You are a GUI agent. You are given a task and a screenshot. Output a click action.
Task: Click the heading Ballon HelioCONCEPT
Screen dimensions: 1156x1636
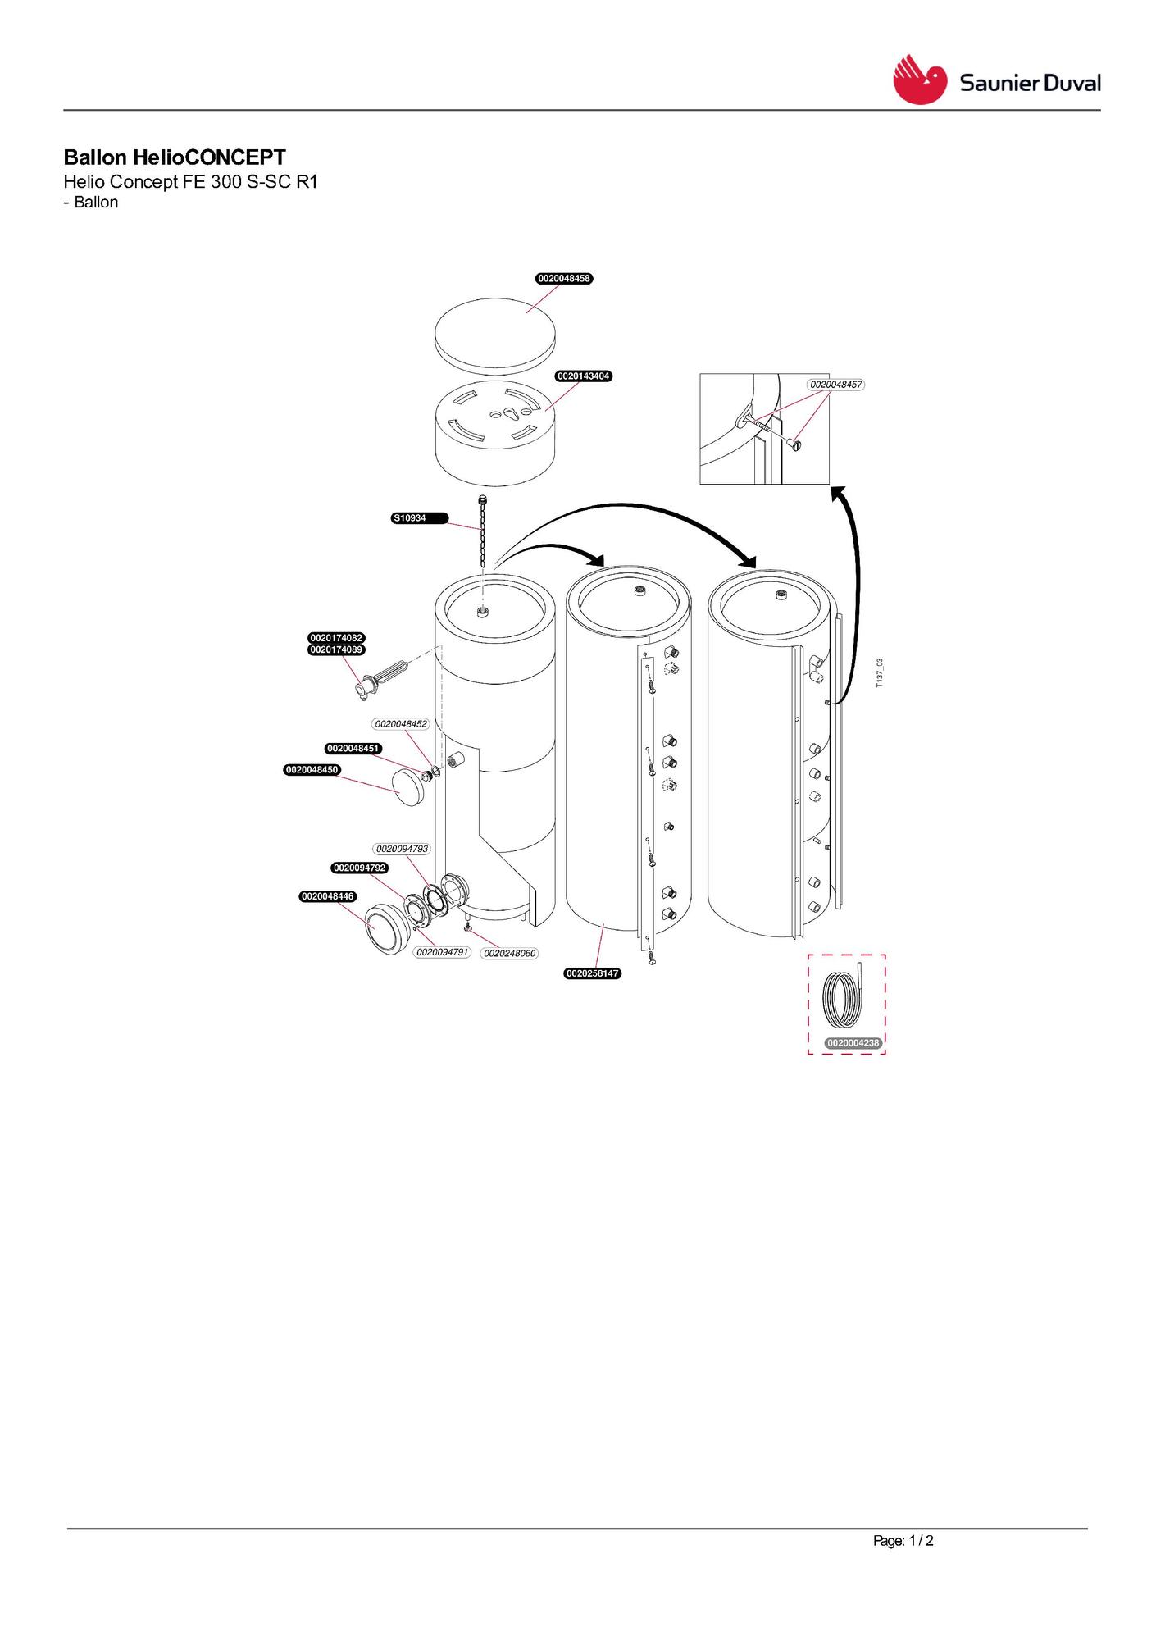pyautogui.click(x=175, y=157)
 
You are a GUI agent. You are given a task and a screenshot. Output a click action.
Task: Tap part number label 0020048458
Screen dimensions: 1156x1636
pyautogui.click(x=564, y=279)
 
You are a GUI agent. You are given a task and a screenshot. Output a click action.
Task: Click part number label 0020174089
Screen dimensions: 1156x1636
pyautogui.click(x=336, y=649)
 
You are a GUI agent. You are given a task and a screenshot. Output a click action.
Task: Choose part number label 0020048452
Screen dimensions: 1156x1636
pyautogui.click(x=402, y=724)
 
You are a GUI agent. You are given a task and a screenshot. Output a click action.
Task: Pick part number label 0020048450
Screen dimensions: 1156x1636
pyautogui.click(x=312, y=770)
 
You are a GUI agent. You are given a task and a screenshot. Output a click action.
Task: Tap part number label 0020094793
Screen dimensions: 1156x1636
pyautogui.click(x=402, y=849)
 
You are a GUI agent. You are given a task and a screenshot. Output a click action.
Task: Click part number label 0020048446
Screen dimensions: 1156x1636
pyautogui.click(x=328, y=896)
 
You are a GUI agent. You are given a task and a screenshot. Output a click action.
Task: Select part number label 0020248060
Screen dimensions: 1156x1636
pyautogui.click(x=510, y=954)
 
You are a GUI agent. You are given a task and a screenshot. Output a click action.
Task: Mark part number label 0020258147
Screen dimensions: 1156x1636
pyautogui.click(x=593, y=973)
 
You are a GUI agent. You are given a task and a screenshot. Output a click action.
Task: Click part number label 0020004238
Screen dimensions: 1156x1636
pyautogui.click(x=853, y=1043)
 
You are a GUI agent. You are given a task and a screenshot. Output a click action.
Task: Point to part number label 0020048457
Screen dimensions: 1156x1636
pyautogui.click(x=836, y=385)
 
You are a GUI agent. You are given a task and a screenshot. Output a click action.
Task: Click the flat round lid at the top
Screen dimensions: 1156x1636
pyautogui.click(x=494, y=332)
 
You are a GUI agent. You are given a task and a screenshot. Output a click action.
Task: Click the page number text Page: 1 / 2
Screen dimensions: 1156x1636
pyautogui.click(x=903, y=1541)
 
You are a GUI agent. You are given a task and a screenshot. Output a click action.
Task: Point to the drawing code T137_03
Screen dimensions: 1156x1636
pyautogui.click(x=880, y=672)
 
